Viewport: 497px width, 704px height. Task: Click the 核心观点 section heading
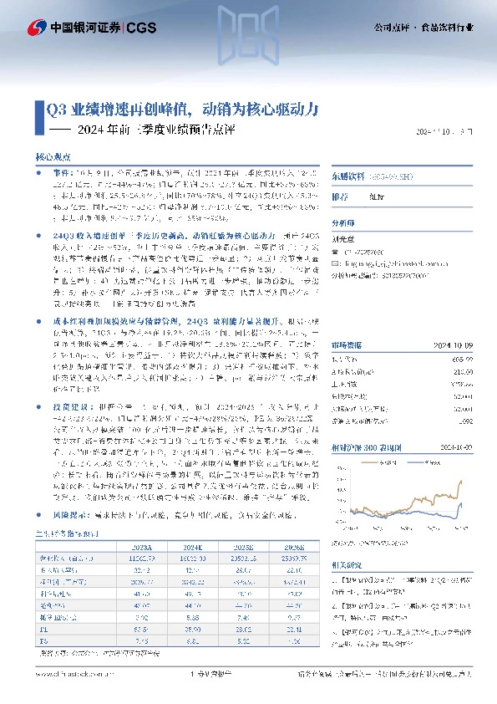point(55,156)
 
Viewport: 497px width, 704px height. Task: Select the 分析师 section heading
point(343,223)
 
